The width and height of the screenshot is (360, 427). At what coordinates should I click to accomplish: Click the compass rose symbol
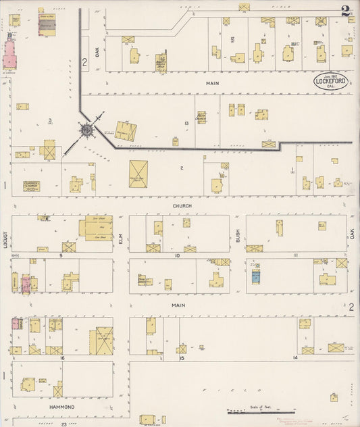coord(87,128)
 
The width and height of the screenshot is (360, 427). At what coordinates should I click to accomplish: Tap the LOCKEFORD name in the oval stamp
coord(330,82)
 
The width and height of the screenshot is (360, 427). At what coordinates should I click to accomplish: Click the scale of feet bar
coord(260,412)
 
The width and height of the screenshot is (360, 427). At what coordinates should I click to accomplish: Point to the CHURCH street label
coord(182,205)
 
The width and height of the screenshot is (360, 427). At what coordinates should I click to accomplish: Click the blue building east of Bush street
coord(256,276)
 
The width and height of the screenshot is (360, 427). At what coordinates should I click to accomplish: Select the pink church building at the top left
coord(10,54)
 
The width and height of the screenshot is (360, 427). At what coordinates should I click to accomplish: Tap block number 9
coord(60,255)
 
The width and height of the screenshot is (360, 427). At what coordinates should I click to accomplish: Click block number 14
coord(295,356)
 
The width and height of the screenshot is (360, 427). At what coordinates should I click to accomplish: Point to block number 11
coord(295,255)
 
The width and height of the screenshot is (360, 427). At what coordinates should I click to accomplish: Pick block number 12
coord(232,39)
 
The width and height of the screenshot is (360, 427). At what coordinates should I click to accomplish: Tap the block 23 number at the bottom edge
coord(64,423)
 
